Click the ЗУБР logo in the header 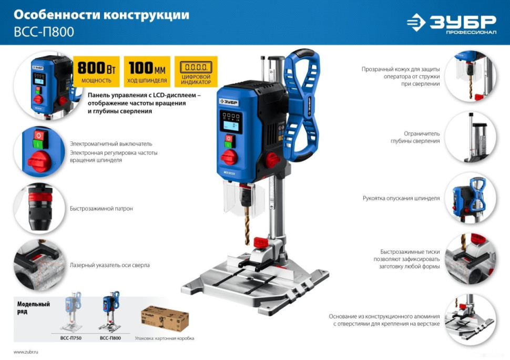(451, 23)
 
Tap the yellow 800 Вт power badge (96, 71)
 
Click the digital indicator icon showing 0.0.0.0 (196, 68)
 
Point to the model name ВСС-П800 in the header (44, 32)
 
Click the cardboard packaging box (165, 318)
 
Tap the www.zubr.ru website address (26, 351)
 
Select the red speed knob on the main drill (229, 157)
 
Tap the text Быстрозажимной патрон (101, 209)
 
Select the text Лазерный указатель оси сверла (109, 265)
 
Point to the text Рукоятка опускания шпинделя (401, 199)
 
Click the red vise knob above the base (261, 243)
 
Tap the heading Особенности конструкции (101, 15)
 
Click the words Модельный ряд (33, 307)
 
